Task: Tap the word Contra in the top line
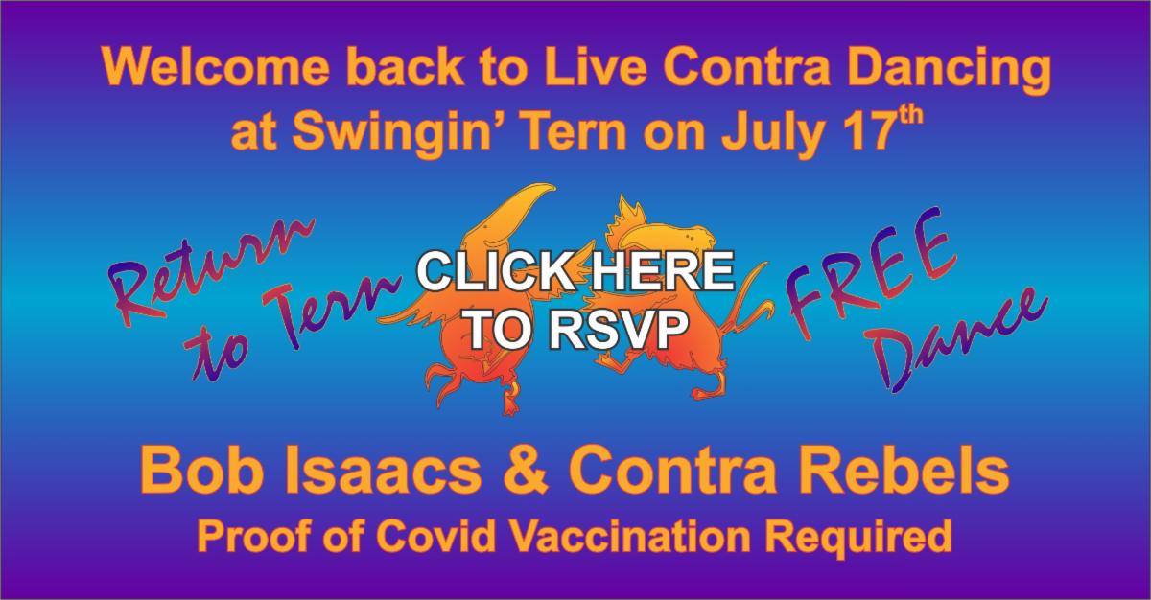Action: pos(742,73)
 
